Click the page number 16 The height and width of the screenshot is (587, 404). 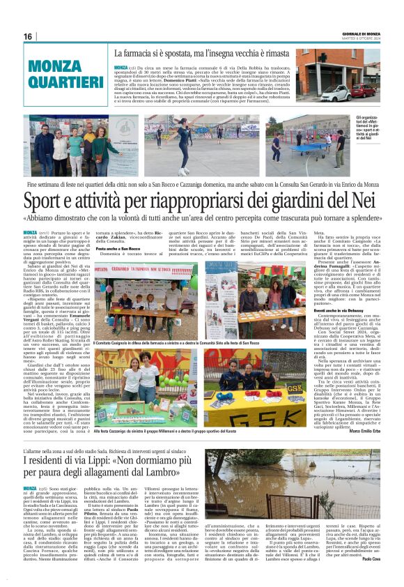28,36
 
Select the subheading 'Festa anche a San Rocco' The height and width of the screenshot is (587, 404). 118,249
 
